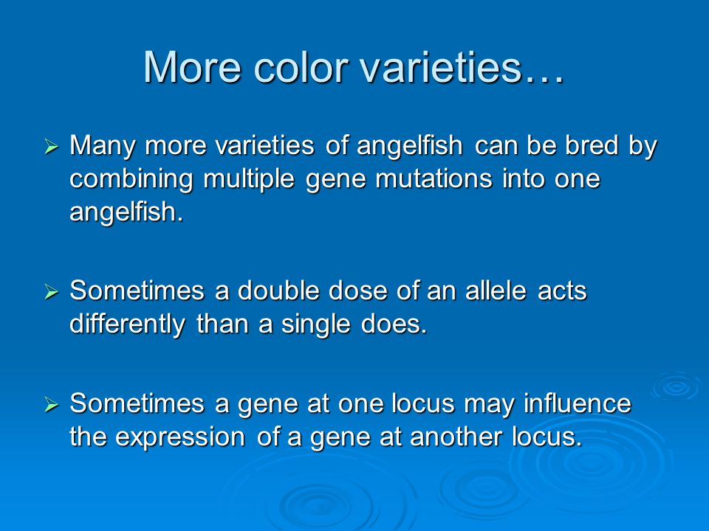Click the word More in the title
click(192, 67)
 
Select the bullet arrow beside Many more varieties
click(52, 147)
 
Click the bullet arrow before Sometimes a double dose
click(52, 292)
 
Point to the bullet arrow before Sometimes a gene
click(52, 405)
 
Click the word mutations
click(434, 178)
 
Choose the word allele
click(496, 291)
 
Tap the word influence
click(578, 403)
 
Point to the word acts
click(562, 291)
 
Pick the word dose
click(357, 291)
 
